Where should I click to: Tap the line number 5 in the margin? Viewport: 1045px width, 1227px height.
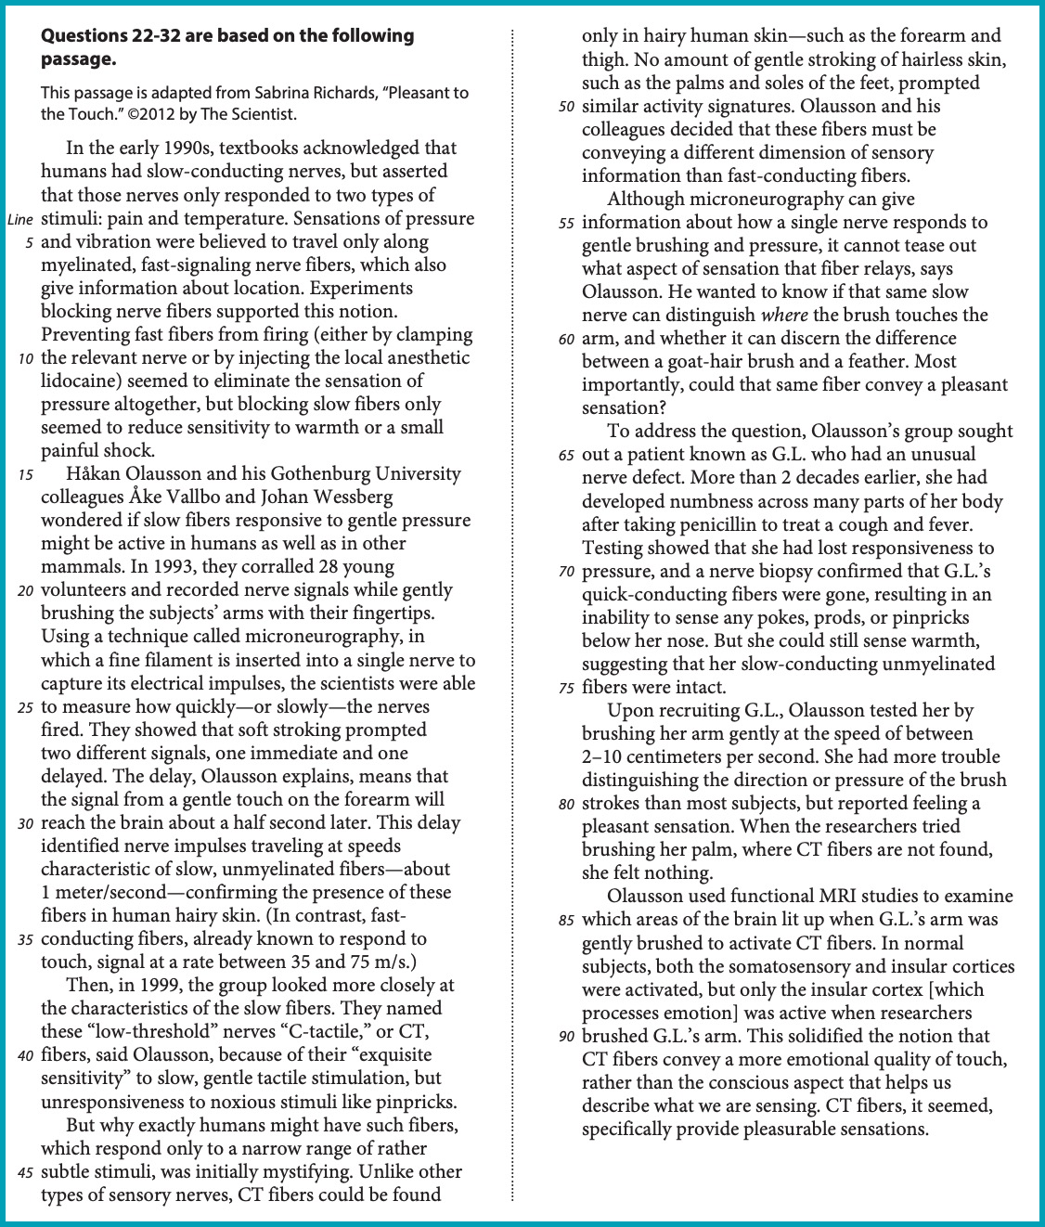pos(29,242)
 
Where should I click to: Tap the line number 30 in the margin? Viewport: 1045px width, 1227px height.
pos(26,823)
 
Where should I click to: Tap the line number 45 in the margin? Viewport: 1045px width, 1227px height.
pos(26,1172)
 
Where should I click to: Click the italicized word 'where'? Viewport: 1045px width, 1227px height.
pos(783,316)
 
